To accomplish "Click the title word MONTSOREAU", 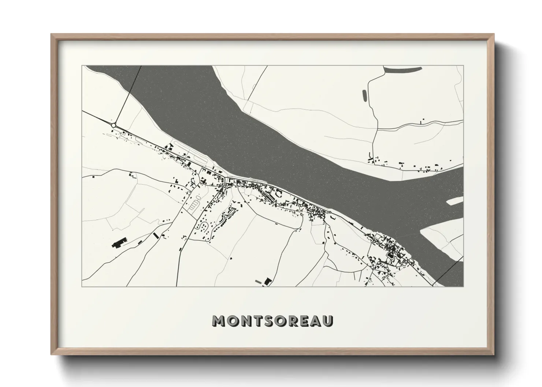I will pos(272,321).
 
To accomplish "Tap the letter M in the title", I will pos(219,321).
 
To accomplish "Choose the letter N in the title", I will pos(244,321).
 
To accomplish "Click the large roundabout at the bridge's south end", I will pos(114,125).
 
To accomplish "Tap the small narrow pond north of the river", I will pos(364,95).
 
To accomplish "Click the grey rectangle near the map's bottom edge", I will pos(259,281).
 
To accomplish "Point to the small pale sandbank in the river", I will pos(455,200).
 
